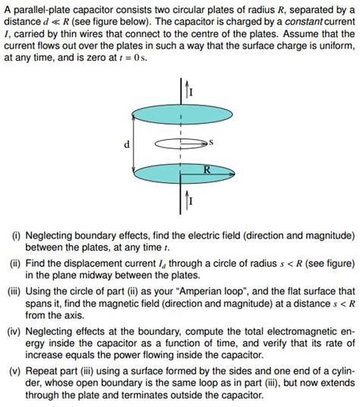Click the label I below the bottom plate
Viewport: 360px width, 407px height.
(x=191, y=202)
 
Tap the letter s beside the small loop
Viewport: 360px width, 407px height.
(x=211, y=141)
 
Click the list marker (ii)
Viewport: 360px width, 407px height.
(x=14, y=263)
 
